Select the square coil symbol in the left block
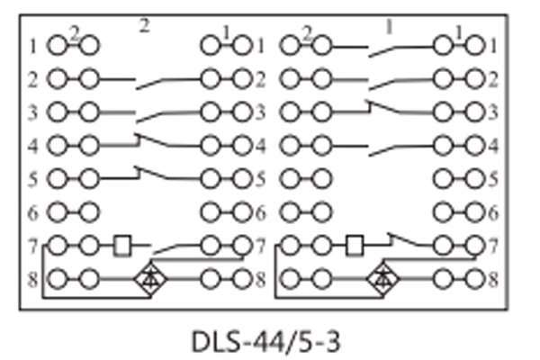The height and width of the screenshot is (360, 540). click(124, 244)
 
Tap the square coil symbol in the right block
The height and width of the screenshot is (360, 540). click(355, 244)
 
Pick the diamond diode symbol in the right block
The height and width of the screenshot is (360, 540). click(385, 279)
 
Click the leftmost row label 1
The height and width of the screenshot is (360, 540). click(32, 45)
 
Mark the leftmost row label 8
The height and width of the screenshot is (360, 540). click(32, 279)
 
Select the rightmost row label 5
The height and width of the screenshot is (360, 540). click(492, 178)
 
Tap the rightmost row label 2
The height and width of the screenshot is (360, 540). click(492, 79)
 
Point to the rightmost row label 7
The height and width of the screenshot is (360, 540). click(492, 245)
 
